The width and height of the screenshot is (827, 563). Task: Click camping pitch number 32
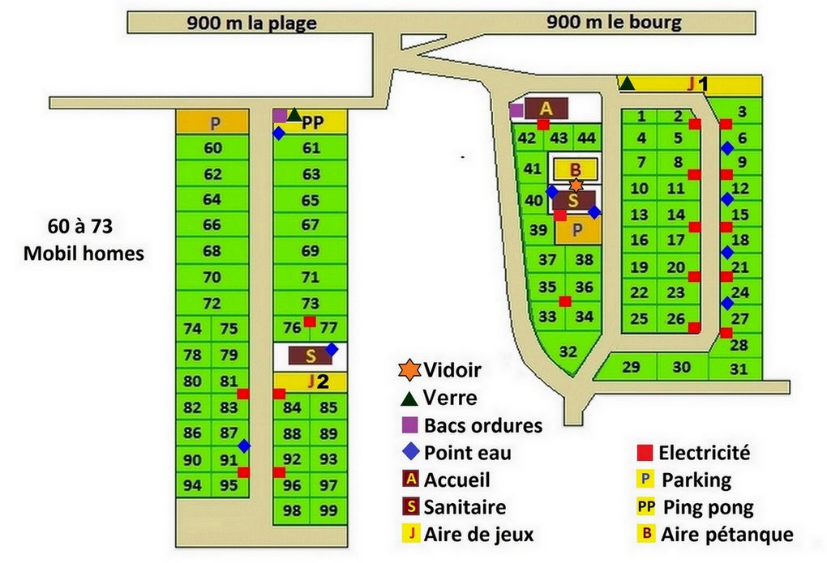[x=568, y=352]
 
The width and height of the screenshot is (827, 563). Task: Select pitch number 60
[x=212, y=148]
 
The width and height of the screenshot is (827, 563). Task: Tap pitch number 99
[x=328, y=510]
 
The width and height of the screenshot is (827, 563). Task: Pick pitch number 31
[x=738, y=369]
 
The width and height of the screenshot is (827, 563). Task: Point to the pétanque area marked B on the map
[x=576, y=169]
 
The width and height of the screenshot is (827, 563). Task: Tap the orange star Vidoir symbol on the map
[x=576, y=186]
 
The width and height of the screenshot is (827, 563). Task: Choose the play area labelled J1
[x=693, y=83]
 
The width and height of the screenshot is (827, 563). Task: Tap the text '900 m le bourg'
[x=614, y=22]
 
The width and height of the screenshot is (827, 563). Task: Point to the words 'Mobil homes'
[x=84, y=254]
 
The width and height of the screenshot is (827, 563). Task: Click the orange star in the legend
[x=411, y=370]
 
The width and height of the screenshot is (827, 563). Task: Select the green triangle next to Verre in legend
[x=411, y=397]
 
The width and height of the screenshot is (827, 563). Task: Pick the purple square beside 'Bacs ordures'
[x=411, y=424]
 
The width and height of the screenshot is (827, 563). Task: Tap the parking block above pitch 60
[x=212, y=122]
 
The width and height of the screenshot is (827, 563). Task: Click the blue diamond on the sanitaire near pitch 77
[x=332, y=349]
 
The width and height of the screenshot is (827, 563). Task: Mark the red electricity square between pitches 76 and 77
[x=310, y=322]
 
